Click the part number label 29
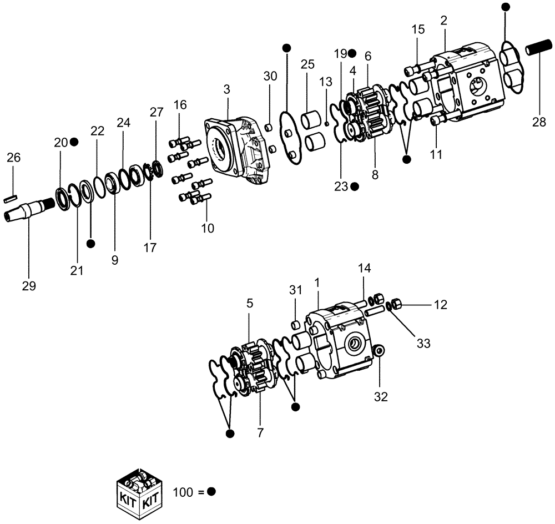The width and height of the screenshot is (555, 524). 29,286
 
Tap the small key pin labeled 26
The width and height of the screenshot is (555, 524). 12,196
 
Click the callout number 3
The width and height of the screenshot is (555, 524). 226,89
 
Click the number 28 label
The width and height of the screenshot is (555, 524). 539,123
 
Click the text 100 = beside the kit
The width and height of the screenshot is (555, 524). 188,492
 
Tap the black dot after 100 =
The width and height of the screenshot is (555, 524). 211,492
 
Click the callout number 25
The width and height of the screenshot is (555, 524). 307,64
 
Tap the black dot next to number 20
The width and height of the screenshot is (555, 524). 74,142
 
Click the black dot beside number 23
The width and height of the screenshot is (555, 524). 355,187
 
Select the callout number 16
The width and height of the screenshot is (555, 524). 180,105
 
